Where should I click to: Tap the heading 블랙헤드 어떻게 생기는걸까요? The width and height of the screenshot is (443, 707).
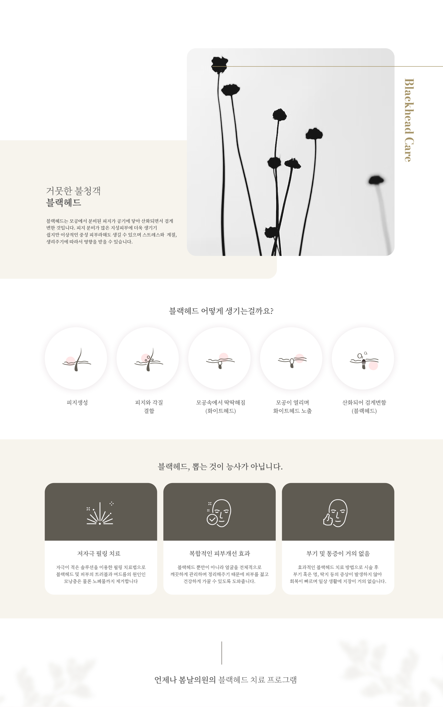coord(221,311)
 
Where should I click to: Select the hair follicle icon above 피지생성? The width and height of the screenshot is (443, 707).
coord(77,360)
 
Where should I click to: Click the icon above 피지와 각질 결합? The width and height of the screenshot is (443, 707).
coord(149,360)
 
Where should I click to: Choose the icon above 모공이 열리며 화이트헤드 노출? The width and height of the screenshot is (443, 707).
coord(292,361)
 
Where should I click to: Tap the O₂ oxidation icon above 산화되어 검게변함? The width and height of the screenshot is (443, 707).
coord(364,361)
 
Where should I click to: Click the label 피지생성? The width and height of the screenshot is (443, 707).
coord(77,403)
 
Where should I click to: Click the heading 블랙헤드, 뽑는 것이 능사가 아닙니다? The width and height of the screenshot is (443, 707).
coord(220,467)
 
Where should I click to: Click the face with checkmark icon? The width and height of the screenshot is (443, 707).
coord(219,513)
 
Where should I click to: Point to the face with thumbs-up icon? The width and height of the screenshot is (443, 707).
coord(335,513)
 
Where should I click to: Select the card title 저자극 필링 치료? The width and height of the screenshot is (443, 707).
coord(99,554)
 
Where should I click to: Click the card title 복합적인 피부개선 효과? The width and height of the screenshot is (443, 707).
coord(220,554)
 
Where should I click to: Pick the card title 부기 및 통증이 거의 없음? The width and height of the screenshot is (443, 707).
coord(338,554)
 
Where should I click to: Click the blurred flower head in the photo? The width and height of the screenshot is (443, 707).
coord(376,180)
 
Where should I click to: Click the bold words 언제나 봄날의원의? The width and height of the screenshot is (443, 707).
coord(185,680)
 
